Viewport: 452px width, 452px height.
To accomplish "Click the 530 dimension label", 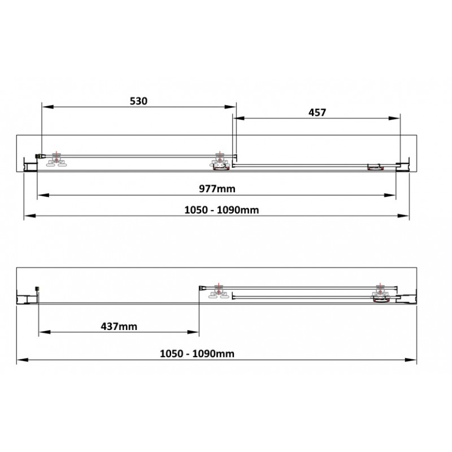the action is coord(138,101).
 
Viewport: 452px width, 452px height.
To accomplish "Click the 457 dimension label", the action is coord(317,112).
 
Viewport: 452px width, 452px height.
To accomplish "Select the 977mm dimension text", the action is coord(217,189).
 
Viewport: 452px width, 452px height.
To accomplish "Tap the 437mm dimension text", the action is coord(119,327).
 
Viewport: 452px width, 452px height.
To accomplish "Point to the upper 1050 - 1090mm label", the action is coord(221,210).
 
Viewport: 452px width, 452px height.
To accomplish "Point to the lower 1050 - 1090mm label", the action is coord(197,354).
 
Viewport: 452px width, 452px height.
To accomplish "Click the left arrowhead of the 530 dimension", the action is coord(48,107).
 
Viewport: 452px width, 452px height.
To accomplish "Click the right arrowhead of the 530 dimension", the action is coord(230,107).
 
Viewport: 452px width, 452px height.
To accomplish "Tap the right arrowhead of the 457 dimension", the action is coord(394,118).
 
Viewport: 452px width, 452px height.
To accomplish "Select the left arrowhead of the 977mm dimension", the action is coord(44,195).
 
